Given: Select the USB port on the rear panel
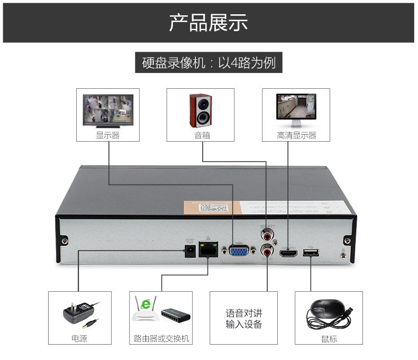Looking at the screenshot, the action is tap(310, 253).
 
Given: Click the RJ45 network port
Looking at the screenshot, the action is tap(207, 250).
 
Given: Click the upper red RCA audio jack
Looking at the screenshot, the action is tap(267, 233).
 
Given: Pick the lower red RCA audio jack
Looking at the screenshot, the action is tap(267, 251).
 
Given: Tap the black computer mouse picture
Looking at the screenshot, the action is tap(328, 315).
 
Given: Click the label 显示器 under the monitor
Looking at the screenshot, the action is tap(107, 135).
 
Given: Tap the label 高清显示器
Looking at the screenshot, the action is tap(296, 135).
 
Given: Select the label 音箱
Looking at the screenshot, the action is tap(202, 135).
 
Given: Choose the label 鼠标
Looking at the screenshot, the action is tap(329, 339).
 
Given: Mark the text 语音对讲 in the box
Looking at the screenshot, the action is tap(243, 313).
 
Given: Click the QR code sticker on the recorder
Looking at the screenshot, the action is tap(217, 207).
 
